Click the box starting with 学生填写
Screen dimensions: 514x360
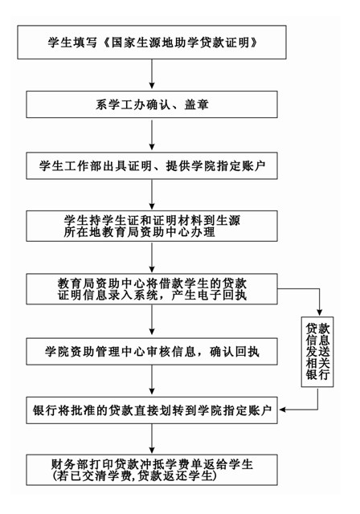pos(152,38)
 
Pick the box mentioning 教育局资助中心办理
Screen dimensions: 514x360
pos(152,226)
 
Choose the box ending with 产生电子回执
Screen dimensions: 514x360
pos(152,290)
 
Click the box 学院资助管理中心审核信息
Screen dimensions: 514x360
pos(152,351)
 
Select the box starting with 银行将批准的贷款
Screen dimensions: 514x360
pos(152,410)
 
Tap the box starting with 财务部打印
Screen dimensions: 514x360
pos(152,471)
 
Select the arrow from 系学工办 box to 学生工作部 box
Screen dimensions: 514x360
pos(152,134)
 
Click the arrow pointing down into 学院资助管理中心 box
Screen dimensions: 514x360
pos(152,320)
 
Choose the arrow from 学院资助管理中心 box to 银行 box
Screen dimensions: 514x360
pos(152,381)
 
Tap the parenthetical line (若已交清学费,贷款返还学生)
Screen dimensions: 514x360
pos(152,477)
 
